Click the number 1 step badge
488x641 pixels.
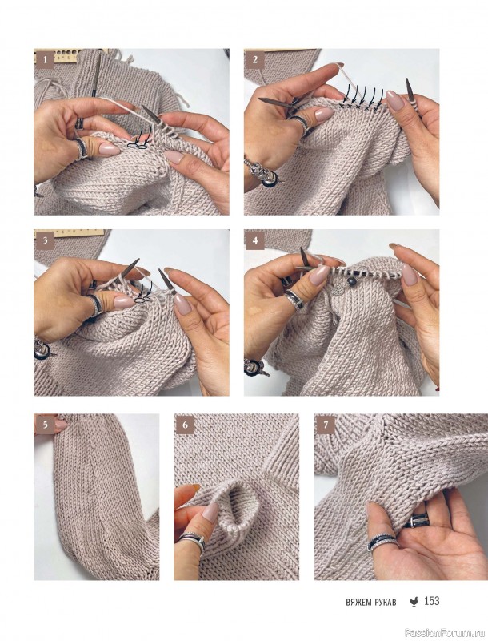point(46,60)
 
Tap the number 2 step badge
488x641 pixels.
point(255,59)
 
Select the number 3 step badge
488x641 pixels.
point(46,240)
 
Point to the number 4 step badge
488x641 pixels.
point(255,240)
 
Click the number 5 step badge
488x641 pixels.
point(46,425)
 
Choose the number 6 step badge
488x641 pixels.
point(186,425)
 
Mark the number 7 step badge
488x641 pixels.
point(326,425)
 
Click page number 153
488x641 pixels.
point(432,601)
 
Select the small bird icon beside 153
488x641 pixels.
point(414,602)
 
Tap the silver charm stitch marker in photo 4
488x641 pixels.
point(337,290)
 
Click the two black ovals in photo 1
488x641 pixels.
point(137,145)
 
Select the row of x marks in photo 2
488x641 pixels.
point(359,107)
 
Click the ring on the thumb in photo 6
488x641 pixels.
point(191,540)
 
